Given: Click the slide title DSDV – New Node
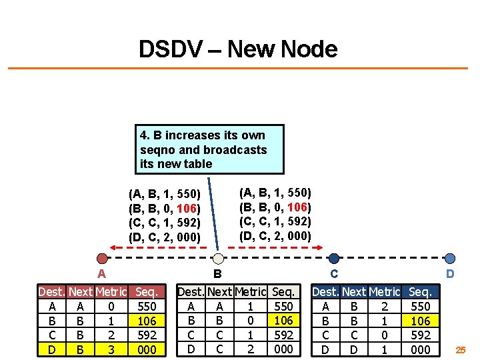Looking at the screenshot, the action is [238, 49].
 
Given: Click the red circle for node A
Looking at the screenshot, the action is [101, 259].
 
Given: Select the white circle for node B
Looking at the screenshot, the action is [217, 259].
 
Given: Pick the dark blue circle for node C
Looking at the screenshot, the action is [334, 259].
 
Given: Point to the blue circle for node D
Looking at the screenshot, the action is [450, 259].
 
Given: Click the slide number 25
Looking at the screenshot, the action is [461, 349].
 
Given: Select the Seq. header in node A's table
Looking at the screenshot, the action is [146, 292].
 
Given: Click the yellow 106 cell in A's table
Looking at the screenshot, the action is [146, 321].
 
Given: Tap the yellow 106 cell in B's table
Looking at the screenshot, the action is [284, 321].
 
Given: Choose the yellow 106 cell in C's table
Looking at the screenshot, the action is [420, 321].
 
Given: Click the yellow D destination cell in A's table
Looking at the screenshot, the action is [52, 349].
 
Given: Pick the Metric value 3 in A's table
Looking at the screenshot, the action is [111, 349].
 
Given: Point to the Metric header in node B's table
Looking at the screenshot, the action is [251, 292].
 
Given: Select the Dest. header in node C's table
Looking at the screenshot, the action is [325, 292].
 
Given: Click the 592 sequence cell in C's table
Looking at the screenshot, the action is [420, 335].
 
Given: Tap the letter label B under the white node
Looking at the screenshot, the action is [217, 273].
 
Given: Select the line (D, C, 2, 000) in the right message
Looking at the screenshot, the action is [275, 235].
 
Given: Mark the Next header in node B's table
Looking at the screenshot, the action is [220, 292].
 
